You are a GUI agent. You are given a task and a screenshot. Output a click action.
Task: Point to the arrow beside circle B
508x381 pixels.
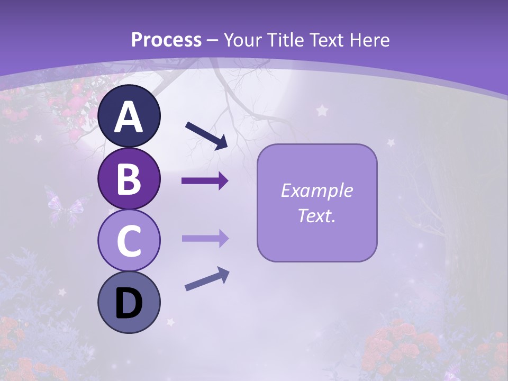coord(205,181)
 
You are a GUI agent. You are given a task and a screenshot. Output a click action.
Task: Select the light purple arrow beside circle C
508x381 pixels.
coord(205,239)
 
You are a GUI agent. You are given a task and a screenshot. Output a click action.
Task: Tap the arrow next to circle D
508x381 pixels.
coord(207,279)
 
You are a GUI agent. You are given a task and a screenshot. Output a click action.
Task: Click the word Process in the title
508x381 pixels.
coord(166,40)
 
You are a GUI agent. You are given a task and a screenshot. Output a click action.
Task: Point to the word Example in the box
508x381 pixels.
coord(317,190)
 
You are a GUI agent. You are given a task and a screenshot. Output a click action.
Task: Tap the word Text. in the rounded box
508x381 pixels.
coord(317,215)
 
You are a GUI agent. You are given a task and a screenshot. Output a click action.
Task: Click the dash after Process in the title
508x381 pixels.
coord(213,41)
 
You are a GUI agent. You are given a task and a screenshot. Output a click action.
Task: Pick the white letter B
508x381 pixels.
coord(129,179)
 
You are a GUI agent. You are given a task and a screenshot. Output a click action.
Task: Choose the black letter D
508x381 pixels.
coord(129,304)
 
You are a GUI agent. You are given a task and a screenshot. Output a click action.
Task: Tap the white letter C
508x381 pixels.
coord(129,241)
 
